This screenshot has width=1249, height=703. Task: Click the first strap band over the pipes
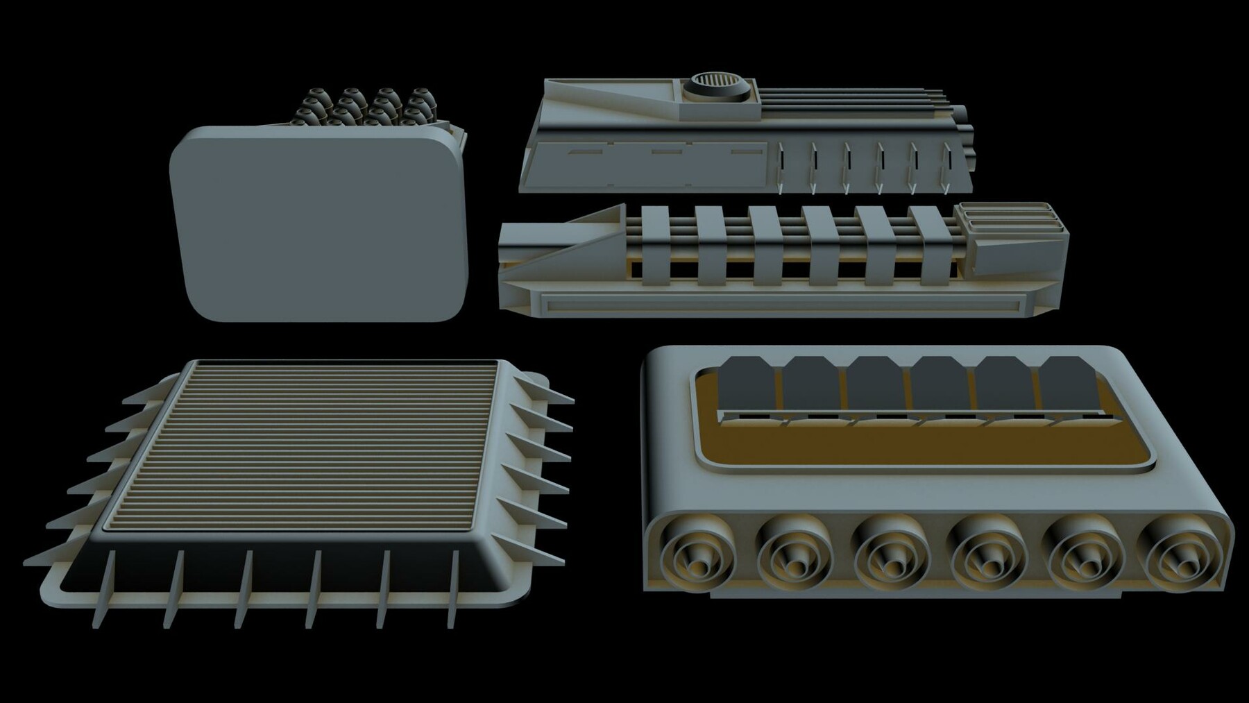click(656, 246)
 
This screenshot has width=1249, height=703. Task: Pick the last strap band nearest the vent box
click(931, 246)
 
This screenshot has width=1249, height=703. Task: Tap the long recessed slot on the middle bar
click(781, 302)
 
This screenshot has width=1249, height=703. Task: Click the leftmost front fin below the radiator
click(104, 590)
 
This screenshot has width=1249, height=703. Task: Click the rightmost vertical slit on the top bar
click(947, 167)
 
